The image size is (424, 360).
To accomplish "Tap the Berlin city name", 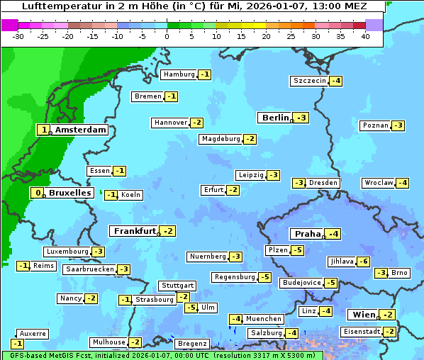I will pyautogui.click(x=275, y=118).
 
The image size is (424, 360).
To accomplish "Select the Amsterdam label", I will pyautogui.click(x=80, y=130).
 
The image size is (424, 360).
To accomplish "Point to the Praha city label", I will pyautogui.click(x=308, y=234).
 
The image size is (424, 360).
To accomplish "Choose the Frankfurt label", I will pyautogui.click(x=134, y=231).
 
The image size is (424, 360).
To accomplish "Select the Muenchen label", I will pyautogui.click(x=264, y=319).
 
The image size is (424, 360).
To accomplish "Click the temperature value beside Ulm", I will pyautogui.click(x=191, y=308).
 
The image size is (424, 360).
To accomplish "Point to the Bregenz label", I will pyautogui.click(x=191, y=344).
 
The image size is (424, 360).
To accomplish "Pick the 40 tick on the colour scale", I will pyautogui.click(x=365, y=35).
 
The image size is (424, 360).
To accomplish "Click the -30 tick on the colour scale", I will pyautogui.click(x=18, y=35).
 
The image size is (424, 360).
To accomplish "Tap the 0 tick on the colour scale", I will pyautogui.click(x=167, y=35).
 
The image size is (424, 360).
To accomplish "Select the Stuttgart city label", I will pyautogui.click(x=177, y=286).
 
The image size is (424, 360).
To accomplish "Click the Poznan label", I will pyautogui.click(x=375, y=125).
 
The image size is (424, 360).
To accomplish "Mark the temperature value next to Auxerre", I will pyautogui.click(x=17, y=344).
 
